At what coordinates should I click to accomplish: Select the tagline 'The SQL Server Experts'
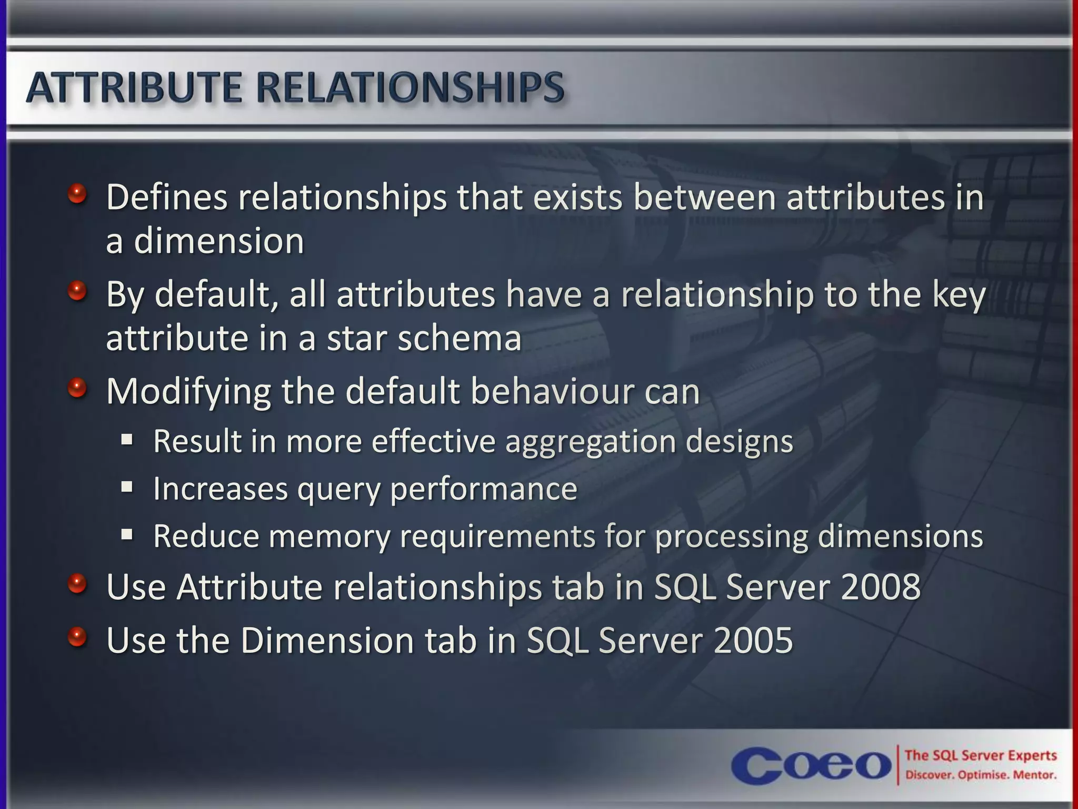tap(981, 755)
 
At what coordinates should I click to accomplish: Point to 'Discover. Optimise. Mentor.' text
tap(981, 775)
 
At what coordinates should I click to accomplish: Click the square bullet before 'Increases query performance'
tap(127, 487)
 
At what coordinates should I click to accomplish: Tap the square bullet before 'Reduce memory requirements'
tap(127, 535)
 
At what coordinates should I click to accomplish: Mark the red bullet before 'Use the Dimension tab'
tap(77, 637)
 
